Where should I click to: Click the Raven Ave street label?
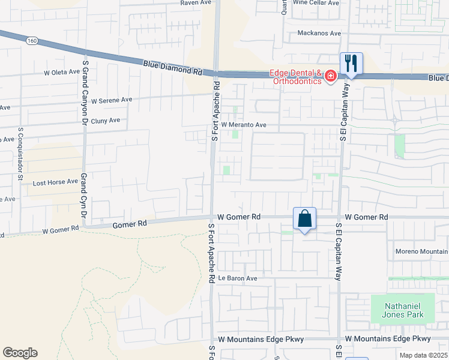(197, 3)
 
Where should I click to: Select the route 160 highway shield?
(32, 40)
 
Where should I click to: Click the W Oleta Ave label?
(62, 72)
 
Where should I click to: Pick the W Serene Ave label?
(111, 100)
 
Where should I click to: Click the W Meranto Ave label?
(243, 125)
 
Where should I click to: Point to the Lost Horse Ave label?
(55, 182)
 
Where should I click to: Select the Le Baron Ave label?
(237, 278)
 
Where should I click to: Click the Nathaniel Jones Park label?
(402, 310)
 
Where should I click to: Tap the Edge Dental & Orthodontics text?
(295, 77)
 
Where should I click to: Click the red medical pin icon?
(330, 76)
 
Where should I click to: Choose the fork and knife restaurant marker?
(351, 63)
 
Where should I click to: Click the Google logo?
(20, 353)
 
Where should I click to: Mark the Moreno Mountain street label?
(421, 251)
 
